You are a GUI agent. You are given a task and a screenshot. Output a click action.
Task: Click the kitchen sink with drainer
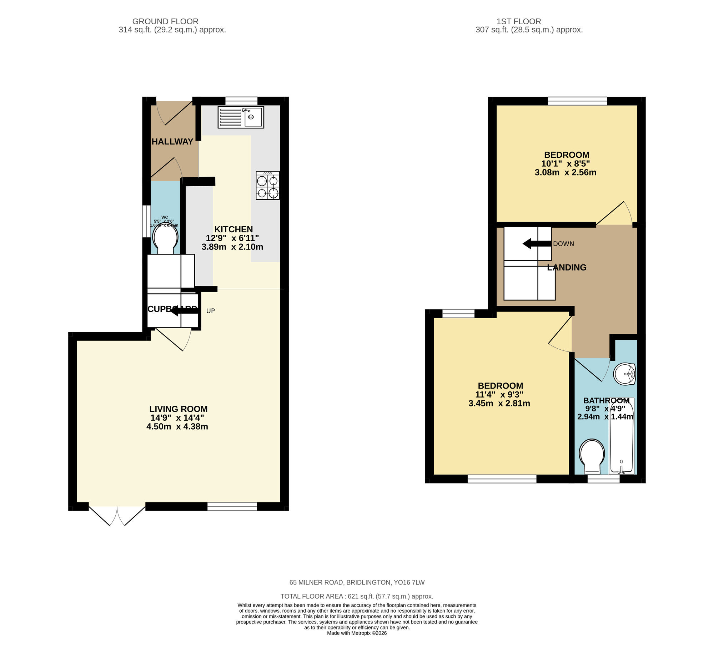click(240, 117)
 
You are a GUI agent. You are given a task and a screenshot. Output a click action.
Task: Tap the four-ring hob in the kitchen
click(267, 185)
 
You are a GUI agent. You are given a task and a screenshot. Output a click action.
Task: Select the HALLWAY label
click(172, 141)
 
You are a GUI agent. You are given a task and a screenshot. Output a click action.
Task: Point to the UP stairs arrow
click(184, 310)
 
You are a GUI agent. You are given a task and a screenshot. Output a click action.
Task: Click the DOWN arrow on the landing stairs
click(537, 244)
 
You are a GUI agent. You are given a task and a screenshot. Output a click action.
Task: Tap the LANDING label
click(567, 267)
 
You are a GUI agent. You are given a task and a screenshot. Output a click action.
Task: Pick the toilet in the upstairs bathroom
click(592, 456)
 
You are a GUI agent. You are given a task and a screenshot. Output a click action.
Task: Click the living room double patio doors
click(117, 515)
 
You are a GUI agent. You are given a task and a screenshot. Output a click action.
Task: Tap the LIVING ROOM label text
click(178, 409)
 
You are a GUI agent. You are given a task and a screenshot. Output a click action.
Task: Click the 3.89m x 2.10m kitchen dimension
click(232, 247)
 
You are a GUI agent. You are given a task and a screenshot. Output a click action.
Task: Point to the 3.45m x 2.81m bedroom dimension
click(499, 404)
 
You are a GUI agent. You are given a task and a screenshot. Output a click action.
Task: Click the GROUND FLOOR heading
click(165, 21)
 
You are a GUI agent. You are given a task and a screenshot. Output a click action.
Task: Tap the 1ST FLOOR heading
click(519, 21)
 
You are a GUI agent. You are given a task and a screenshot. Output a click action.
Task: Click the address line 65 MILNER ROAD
click(357, 583)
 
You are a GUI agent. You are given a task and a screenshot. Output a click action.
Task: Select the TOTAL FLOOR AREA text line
click(357, 597)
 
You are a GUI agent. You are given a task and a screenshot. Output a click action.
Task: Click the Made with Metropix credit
click(357, 633)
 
